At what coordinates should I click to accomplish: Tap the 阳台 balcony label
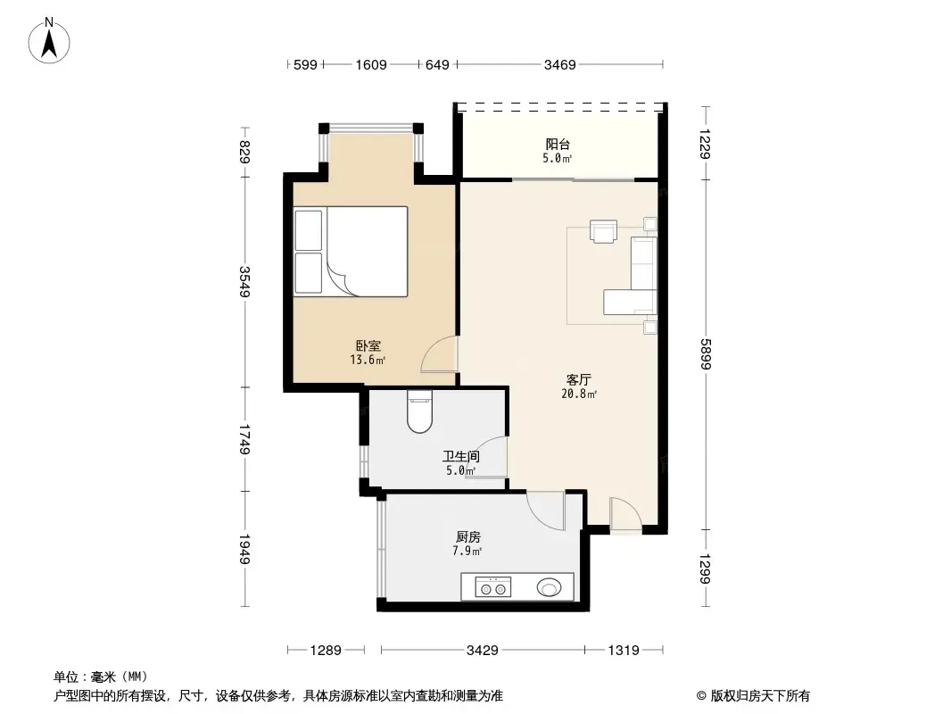[558, 143]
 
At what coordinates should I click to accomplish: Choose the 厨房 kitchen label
[468, 537]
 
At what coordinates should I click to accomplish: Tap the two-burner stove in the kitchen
[493, 587]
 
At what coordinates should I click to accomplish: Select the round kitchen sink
[550, 587]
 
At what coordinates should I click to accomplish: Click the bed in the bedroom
[351, 251]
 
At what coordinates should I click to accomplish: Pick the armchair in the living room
[604, 231]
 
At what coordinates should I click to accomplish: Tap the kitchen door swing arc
[545, 509]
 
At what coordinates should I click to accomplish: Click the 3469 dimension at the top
[560, 64]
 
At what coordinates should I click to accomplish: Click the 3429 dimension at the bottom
[482, 651]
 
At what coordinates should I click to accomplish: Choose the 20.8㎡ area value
[579, 394]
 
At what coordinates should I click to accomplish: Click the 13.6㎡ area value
[368, 361]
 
